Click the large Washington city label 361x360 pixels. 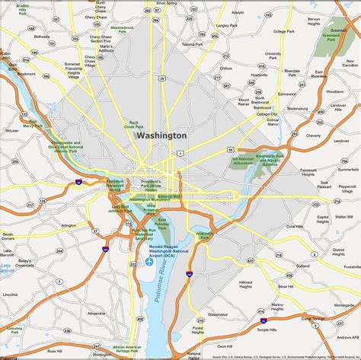point(161,135)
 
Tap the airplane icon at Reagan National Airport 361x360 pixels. point(148,262)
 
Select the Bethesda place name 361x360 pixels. point(41,36)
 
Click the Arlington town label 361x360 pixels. point(69,225)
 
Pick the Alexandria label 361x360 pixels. point(97,313)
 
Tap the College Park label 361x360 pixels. point(283,31)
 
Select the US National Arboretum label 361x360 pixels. point(244,160)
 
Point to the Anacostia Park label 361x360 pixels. point(203,236)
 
